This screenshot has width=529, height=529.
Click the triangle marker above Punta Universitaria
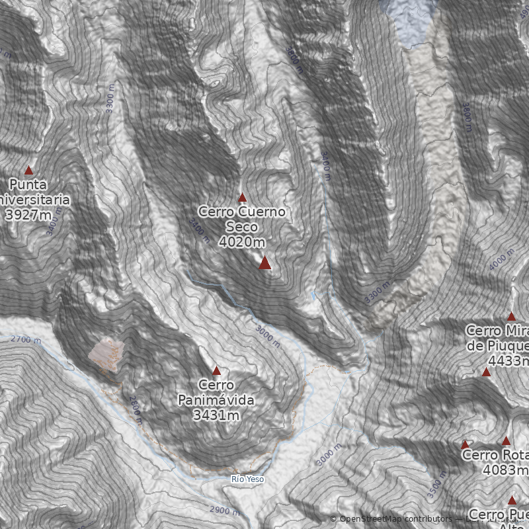click(x=28, y=170)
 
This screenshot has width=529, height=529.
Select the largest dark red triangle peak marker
click(x=264, y=263)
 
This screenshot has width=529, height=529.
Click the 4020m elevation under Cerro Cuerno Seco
click(x=242, y=241)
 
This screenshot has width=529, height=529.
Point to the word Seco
click(x=242, y=227)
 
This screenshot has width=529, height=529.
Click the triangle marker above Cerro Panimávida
click(x=216, y=370)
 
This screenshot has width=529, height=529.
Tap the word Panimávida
click(x=216, y=400)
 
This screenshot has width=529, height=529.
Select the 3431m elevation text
click(x=216, y=415)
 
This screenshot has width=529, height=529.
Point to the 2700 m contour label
click(x=26, y=340)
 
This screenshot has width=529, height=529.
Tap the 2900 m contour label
click(x=224, y=510)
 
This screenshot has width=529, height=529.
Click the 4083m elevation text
click(x=506, y=470)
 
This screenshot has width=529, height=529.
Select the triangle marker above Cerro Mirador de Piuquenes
click(x=511, y=317)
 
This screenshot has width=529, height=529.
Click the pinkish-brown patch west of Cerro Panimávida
click(x=106, y=352)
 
